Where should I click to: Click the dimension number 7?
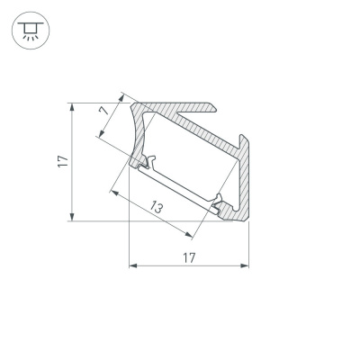click(x=104, y=113)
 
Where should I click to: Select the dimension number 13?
click(x=157, y=206)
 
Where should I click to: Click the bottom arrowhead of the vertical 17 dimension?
click(x=70, y=216)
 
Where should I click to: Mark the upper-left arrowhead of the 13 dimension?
click(x=112, y=190)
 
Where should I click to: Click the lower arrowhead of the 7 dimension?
click(x=98, y=137)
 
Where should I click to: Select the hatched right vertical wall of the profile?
click(x=243, y=180)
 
